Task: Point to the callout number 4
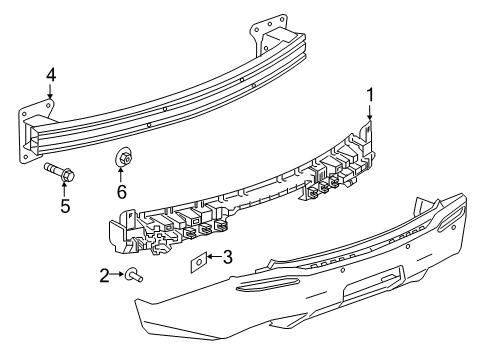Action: [x=50, y=74]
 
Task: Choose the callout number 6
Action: [x=122, y=191]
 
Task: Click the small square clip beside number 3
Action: [x=198, y=263]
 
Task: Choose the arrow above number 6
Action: [x=122, y=174]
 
